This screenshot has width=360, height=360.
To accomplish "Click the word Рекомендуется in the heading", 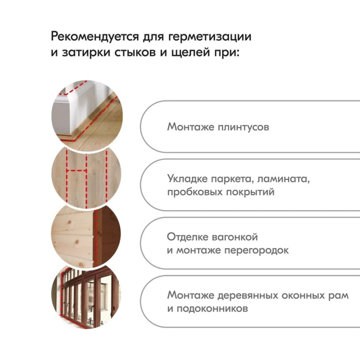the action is [x=95, y=37].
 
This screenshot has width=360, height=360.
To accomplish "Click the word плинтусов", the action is [x=243, y=127].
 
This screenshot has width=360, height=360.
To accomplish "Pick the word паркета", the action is [x=232, y=179].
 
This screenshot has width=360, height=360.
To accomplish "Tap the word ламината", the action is [x=283, y=179].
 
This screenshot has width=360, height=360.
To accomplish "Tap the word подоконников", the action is [x=212, y=309].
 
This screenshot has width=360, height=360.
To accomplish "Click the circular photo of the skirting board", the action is [x=87, y=115].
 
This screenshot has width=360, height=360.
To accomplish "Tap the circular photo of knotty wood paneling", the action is [x=86, y=237].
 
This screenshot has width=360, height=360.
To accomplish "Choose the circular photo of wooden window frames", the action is [x=86, y=297].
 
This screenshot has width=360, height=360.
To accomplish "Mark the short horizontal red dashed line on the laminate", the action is [x=77, y=171].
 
